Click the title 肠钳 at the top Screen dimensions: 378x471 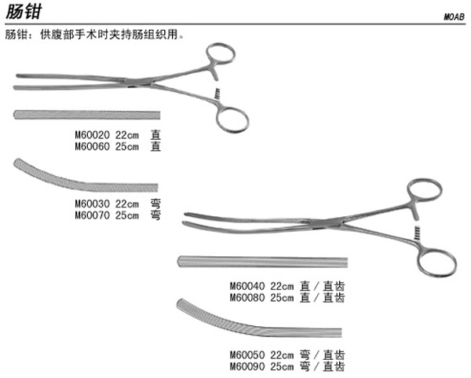click(x=23, y=13)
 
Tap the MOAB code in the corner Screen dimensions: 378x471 click(x=454, y=17)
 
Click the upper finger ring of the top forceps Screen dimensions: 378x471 click(x=219, y=56)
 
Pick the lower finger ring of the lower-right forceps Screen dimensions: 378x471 click(x=436, y=262)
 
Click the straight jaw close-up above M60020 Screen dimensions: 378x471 click(x=87, y=116)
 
